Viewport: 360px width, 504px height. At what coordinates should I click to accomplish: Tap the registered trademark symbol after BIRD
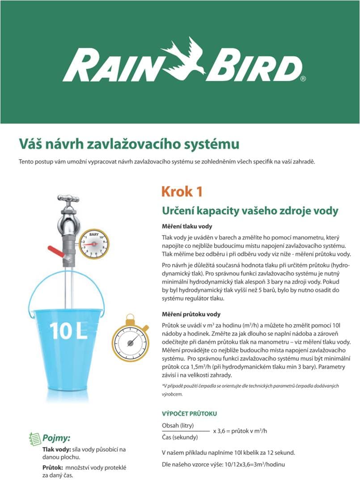click(x=303, y=79)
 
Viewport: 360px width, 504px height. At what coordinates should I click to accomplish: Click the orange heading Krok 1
click(x=182, y=191)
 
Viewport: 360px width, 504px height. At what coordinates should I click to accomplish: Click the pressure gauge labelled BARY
click(x=94, y=244)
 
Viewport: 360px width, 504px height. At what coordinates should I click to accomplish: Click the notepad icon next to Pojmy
click(x=34, y=437)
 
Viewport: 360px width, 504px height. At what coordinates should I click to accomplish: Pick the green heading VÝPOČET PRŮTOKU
click(x=189, y=414)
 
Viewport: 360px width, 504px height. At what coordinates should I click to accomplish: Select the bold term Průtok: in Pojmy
click(x=52, y=467)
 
